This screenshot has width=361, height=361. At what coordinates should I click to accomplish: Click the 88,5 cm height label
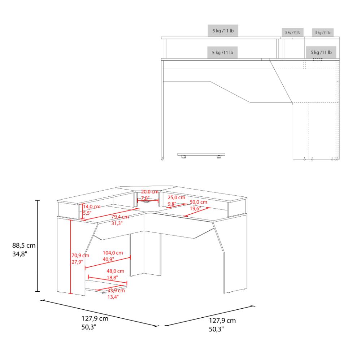[x=24, y=245]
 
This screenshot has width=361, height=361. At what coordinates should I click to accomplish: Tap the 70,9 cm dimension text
[x=80, y=255]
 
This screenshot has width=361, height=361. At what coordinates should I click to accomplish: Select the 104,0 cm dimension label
[x=113, y=253]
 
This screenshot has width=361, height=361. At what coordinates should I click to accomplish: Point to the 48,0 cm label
[x=116, y=271]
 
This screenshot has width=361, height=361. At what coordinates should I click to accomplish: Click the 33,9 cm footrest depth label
[x=116, y=291]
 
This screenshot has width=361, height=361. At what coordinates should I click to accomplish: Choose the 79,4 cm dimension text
[x=120, y=217]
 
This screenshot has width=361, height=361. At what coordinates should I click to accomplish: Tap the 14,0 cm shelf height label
[x=92, y=206]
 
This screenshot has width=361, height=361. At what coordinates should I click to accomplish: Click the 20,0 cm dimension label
[x=150, y=192]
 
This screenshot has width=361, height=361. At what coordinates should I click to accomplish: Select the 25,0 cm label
[x=177, y=197]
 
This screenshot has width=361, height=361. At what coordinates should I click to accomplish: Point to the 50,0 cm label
[x=199, y=202]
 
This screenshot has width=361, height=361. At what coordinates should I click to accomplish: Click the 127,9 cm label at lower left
[x=95, y=318]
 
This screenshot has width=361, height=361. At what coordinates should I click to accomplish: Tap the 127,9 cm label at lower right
[x=222, y=321]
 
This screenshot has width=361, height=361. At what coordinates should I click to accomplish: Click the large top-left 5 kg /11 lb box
[x=223, y=31]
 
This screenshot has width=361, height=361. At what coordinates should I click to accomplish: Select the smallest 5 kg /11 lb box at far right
[x=323, y=32]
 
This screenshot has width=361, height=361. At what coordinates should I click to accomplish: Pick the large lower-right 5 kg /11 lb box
[x=321, y=52]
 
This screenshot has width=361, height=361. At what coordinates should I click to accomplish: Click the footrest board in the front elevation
[x=201, y=154]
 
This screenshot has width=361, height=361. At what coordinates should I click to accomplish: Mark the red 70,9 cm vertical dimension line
[x=71, y=257]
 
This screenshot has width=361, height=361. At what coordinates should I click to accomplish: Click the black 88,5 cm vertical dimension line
[x=38, y=246]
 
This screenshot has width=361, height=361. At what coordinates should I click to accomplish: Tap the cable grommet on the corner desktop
[x=146, y=202]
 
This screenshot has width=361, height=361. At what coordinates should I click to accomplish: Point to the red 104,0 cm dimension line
[x=108, y=262]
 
